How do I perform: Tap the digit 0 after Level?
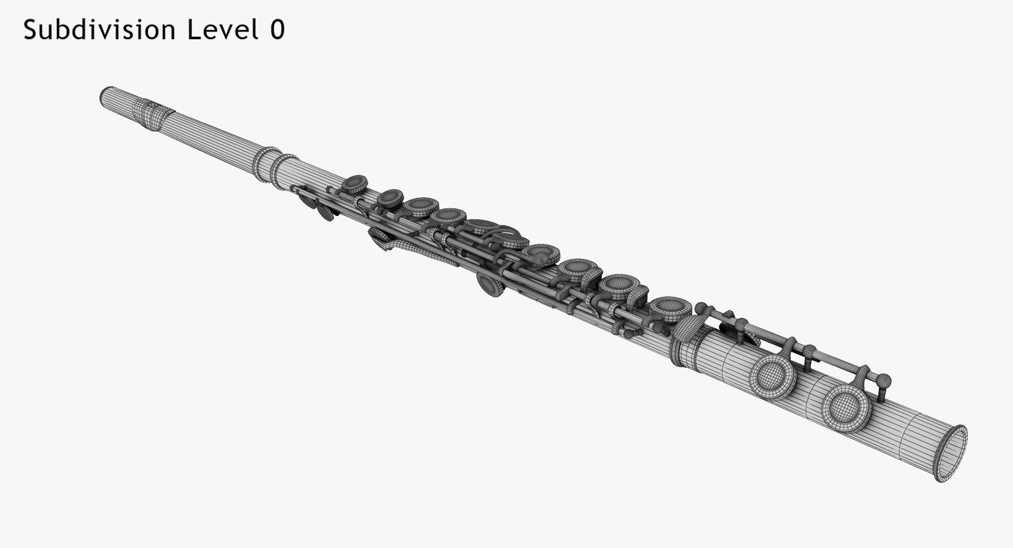click(277, 30)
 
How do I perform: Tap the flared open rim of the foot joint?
click(951, 453)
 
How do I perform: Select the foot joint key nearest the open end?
click(846, 407)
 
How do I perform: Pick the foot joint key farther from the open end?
click(772, 376)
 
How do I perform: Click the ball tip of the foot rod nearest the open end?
click(884, 380)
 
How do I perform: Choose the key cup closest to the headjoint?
click(354, 184)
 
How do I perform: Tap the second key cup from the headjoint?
click(390, 198)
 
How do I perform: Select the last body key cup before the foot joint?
click(669, 308)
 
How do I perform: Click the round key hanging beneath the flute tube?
click(490, 284)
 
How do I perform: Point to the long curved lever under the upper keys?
click(418, 251)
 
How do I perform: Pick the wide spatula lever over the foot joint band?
click(692, 329)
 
